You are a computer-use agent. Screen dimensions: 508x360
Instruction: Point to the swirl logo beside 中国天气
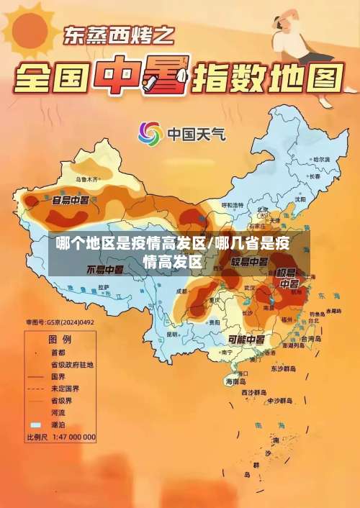[150, 134]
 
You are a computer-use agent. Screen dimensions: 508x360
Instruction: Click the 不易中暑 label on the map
[104, 270]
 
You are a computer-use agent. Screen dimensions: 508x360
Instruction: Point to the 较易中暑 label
[249, 261]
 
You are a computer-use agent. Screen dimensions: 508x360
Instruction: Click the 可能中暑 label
[247, 338]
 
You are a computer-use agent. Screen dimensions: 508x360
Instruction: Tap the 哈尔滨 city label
[320, 159]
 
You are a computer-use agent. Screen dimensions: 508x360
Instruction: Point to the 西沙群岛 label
[255, 393]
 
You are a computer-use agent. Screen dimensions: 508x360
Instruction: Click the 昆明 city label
[171, 334]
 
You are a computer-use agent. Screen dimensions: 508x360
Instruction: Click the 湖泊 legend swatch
[35, 425]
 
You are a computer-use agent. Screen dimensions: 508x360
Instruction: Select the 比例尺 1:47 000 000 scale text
[61, 437]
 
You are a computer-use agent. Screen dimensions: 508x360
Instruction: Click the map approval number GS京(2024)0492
[59, 322]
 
